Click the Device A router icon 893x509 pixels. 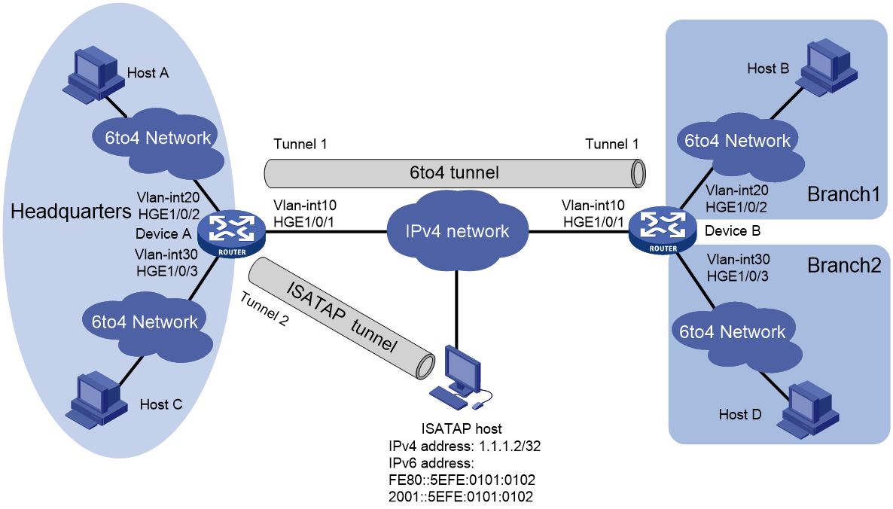coord(232,233)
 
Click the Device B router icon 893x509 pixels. coord(663,230)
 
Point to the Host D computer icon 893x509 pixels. coord(808,410)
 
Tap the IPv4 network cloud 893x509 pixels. coord(457,230)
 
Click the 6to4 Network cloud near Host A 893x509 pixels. coord(157,142)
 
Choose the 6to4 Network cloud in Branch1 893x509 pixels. coord(739,145)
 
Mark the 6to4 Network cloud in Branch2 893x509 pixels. coord(735,336)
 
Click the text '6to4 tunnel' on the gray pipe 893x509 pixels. coord(454,172)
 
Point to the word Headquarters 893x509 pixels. coord(71,212)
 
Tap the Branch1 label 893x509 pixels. coord(843,194)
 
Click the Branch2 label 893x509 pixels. coord(844,265)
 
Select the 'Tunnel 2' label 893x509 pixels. coord(264,309)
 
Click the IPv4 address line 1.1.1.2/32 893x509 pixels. coord(464,446)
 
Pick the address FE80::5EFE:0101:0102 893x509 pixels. coord(462,480)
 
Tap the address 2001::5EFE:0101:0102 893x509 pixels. coord(461,496)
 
